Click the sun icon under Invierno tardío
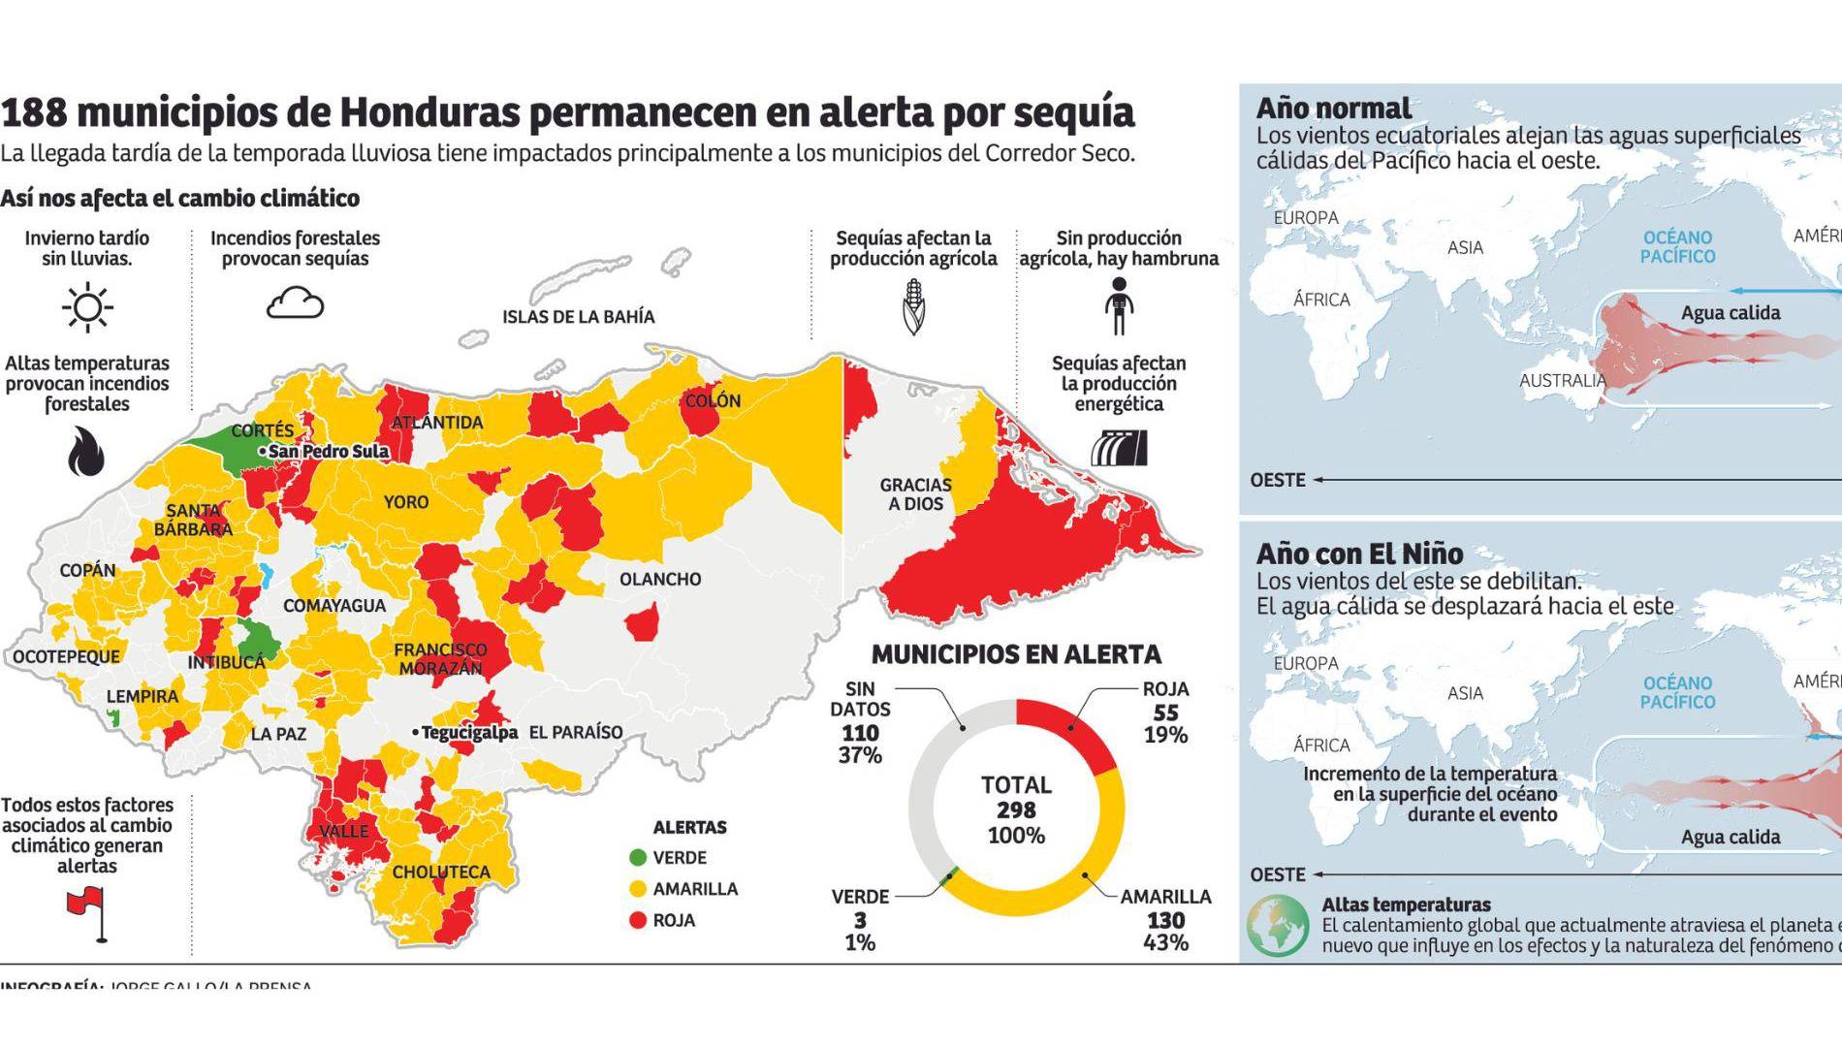point(87,308)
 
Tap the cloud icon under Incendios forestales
point(295,303)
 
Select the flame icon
point(86,452)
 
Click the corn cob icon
point(913,306)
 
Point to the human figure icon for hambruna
point(1119,306)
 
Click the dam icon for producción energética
point(1119,449)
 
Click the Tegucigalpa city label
point(468,733)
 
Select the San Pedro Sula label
point(328,452)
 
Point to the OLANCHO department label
point(660,579)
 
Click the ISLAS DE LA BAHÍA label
point(578,317)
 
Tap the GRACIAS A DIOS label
point(915,493)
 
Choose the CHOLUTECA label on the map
point(441,872)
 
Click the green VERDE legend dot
point(637,858)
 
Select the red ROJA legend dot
point(637,920)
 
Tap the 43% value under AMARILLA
point(1165,942)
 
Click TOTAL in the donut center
point(1016,785)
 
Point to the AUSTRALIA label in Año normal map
point(1563,381)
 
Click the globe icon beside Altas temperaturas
point(1277,925)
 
